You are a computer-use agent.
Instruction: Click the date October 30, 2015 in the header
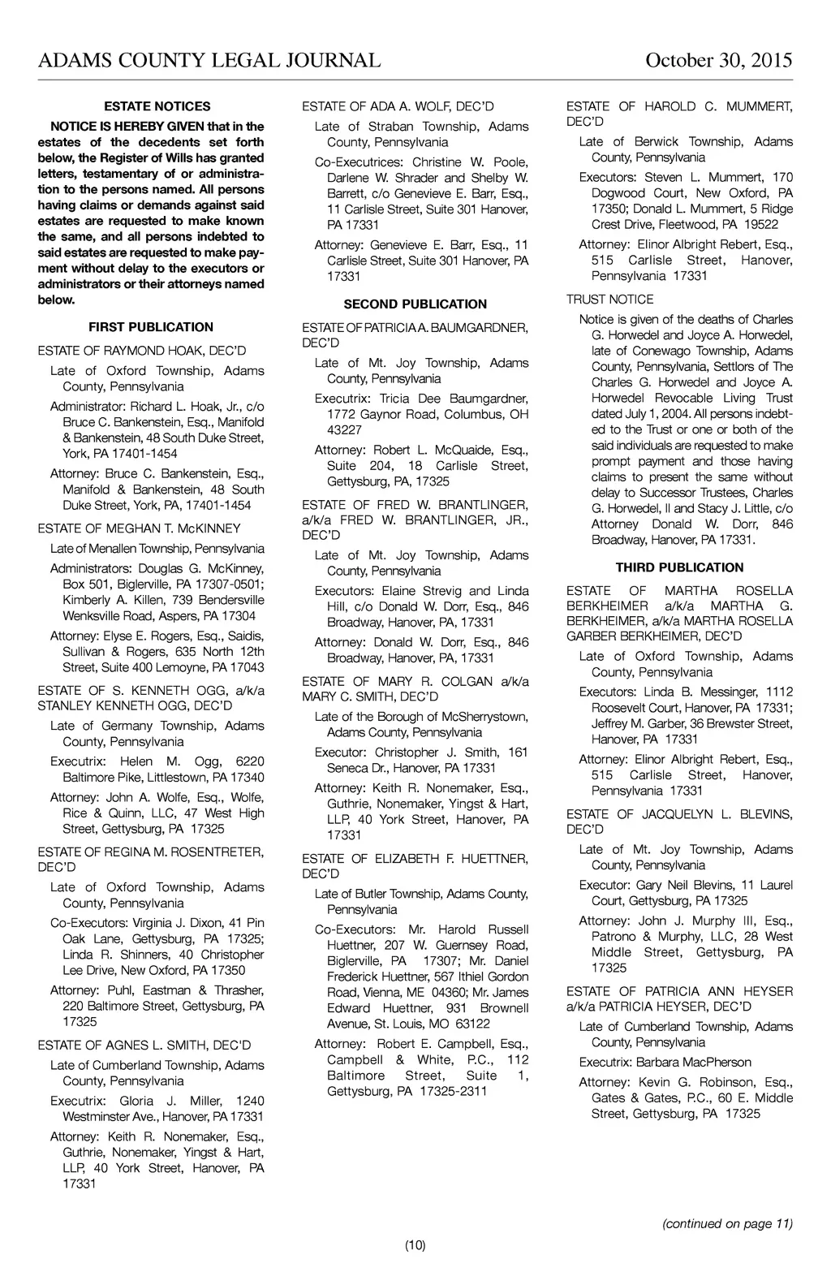tap(718, 61)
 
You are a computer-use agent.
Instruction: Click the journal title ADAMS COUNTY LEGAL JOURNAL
tap(209, 61)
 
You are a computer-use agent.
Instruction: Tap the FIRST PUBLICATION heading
tap(151, 327)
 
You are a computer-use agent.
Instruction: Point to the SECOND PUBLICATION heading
tap(415, 304)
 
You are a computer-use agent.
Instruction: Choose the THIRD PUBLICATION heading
tap(679, 567)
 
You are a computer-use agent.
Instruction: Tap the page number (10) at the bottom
tap(415, 1245)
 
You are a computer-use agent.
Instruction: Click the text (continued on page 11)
tap(727, 1223)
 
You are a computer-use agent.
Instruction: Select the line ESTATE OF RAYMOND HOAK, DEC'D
tap(142, 351)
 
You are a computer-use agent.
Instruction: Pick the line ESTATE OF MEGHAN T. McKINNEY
tap(140, 528)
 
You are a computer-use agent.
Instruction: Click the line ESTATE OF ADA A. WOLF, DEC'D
tap(398, 106)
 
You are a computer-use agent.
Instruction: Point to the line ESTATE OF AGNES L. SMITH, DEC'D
tap(144, 1045)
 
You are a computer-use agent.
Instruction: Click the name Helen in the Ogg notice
tap(138, 761)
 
